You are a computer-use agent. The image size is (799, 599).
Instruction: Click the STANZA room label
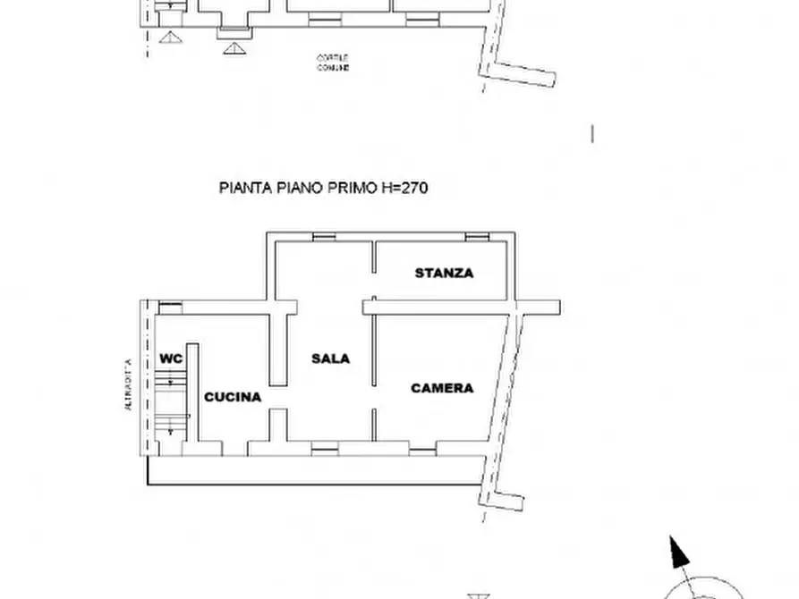pos(444,273)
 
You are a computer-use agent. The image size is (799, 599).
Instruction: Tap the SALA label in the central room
pos(330,359)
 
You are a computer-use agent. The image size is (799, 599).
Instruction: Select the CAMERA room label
pos(442,388)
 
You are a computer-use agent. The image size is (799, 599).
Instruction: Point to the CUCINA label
pos(233,397)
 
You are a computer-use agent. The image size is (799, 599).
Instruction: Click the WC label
pos(171,359)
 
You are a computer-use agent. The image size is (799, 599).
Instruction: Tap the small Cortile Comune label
pos(332,63)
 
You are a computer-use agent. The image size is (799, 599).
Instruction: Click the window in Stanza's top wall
pos(477,237)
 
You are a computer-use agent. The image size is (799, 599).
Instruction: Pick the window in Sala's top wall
pos(324,237)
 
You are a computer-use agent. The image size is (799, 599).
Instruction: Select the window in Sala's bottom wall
pos(325,448)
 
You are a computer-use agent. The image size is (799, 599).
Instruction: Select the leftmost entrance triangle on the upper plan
pos(167,37)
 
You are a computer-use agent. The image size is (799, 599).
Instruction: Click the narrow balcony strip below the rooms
pos(313,469)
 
